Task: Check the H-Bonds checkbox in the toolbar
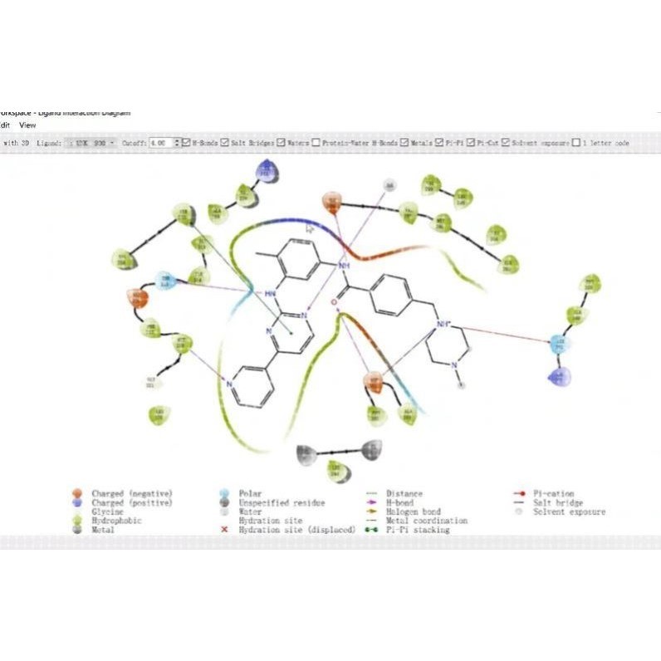coord(186,143)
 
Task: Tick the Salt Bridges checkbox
coord(225,143)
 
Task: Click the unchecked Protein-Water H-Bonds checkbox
coord(316,143)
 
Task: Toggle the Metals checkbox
coord(404,143)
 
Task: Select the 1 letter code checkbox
coord(576,143)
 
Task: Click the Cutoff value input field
coord(161,143)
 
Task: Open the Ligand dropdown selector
coord(91,143)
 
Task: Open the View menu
coord(27,125)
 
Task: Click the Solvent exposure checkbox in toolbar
coord(506,143)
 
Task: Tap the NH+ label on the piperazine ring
coord(443,324)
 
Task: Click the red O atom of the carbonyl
coord(335,302)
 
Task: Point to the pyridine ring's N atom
coord(229,384)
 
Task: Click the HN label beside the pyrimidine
coord(270,293)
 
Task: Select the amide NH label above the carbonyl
coord(344,265)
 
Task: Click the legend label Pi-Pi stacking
coord(418,529)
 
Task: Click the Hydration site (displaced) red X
coord(223,529)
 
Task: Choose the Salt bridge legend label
coord(557,502)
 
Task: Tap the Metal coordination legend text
coord(426,521)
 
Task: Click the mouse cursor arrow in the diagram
coord(310,228)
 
